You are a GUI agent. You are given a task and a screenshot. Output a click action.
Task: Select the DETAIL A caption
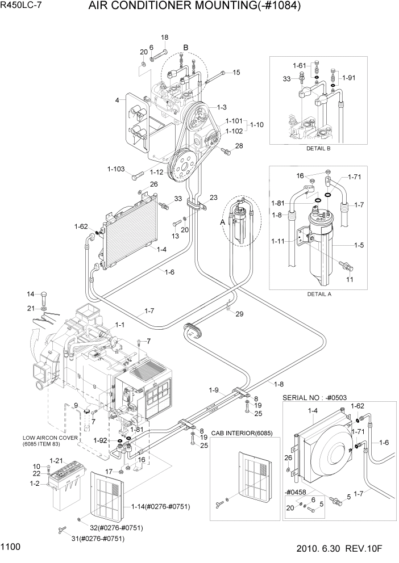coord(319,294)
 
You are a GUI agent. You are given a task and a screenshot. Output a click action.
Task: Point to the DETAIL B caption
coord(318,148)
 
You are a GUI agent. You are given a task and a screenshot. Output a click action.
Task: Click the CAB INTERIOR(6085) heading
coord(242,433)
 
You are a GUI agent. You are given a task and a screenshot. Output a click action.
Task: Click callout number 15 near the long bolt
coord(236,72)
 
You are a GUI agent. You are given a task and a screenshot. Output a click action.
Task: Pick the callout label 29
coord(239,314)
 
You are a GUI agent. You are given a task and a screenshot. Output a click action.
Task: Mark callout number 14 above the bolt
coord(31,293)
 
